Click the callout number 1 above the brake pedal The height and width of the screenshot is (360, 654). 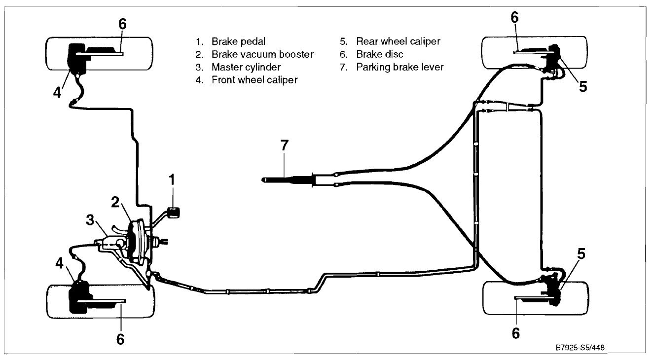(172, 180)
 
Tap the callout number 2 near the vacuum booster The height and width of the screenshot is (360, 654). (115, 202)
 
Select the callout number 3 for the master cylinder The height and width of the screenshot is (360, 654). (90, 220)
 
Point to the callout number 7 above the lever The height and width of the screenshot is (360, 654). (285, 145)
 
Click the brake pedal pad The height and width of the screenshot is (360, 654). (174, 212)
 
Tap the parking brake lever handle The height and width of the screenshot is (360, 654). (287, 180)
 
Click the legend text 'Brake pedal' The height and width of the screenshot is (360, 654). (238, 41)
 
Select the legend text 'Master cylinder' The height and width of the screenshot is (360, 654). (246, 67)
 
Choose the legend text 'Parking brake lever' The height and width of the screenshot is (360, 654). (400, 67)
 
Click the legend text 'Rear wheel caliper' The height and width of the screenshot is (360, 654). (398, 41)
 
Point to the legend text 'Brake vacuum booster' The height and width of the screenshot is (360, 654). (262, 54)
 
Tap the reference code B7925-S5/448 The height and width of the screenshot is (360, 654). (580, 348)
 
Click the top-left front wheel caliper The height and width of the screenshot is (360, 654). (76, 58)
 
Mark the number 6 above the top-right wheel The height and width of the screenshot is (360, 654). (515, 18)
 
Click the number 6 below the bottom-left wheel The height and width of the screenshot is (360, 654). (120, 339)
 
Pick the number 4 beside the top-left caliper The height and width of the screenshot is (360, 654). (57, 93)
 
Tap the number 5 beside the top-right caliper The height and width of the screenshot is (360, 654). (583, 86)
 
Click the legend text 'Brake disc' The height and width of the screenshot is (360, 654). (380, 54)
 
